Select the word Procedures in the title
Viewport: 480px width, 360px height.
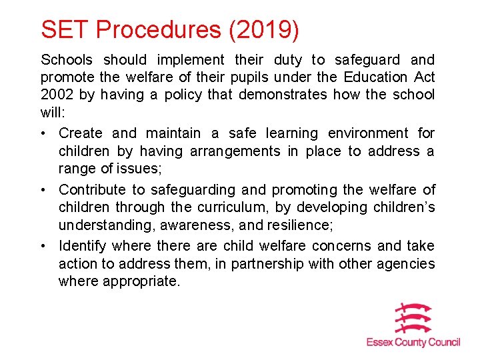pos(158,29)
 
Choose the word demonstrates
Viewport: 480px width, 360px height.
pos(283,95)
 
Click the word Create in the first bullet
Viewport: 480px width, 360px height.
pos(80,133)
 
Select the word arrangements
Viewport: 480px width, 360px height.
pos(235,151)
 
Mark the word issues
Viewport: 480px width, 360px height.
pos(135,168)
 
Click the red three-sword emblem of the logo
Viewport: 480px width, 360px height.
pos(413,318)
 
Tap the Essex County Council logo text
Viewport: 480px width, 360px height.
pos(413,343)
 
